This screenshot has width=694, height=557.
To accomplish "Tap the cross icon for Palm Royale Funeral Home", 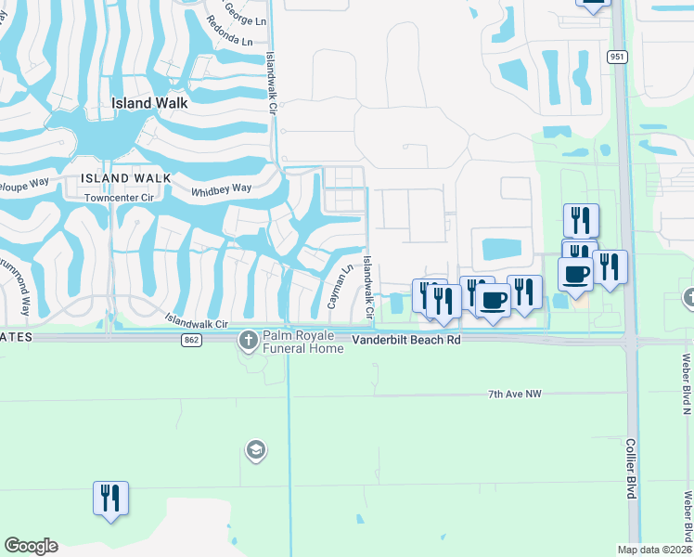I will [249, 340].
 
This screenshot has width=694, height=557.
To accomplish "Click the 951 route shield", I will [617, 57].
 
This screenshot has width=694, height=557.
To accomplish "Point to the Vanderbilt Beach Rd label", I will [406, 342].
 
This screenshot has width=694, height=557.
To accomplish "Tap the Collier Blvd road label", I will [630, 469].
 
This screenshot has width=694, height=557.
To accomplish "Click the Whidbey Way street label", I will [221, 189].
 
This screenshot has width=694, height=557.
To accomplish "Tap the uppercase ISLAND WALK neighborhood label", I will [125, 177].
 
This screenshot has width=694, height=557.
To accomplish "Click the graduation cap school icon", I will [255, 451].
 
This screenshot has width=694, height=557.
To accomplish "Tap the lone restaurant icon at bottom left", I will [110, 499].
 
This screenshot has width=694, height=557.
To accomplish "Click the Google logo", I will [31, 546].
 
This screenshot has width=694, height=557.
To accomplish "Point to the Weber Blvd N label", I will [688, 383].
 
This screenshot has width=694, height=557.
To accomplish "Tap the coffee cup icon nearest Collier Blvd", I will [575, 275].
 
